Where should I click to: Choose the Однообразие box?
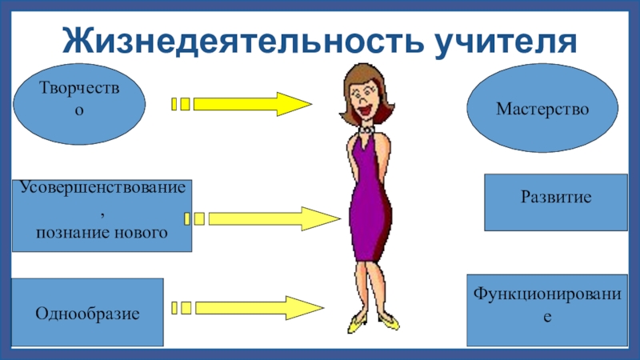click(87, 312)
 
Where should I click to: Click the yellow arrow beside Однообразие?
click(256, 307)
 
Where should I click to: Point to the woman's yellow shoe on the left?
click(357, 324)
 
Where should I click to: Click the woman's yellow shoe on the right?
click(388, 322)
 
